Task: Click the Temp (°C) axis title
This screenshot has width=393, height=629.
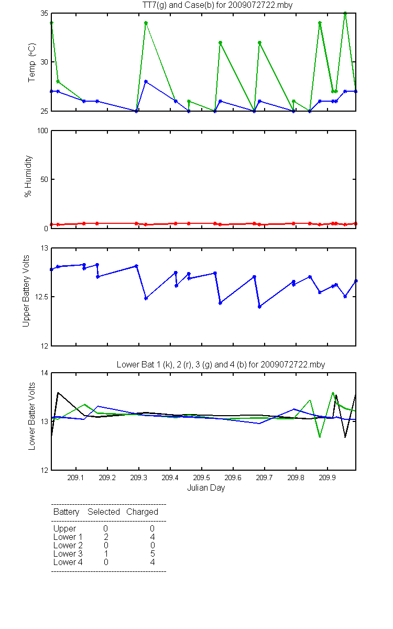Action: coord(32,62)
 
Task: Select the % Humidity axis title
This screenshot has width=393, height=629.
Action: coord(28,176)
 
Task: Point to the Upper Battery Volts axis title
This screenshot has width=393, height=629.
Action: coord(26,291)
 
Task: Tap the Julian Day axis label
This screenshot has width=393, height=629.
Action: coord(206,488)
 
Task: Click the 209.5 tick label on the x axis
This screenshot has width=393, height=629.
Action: coord(202,478)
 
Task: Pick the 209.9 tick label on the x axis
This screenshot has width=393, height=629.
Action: coord(327,478)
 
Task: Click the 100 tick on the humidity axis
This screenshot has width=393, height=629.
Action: coord(42,131)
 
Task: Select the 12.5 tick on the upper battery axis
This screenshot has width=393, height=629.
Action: coord(41,297)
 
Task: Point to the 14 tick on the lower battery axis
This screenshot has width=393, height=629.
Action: coord(45,373)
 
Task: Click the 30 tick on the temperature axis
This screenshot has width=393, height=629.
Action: coord(45,62)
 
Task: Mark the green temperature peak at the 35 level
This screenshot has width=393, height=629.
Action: coord(345,13)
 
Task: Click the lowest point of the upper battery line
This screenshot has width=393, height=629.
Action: coord(260,307)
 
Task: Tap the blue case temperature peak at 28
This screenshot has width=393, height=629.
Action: coord(146,81)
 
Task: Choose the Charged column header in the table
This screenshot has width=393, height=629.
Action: coord(143,512)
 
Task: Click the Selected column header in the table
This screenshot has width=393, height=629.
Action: coord(104,512)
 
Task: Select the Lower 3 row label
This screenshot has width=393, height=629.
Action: coord(68,554)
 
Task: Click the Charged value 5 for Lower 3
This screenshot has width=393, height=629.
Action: coord(152,554)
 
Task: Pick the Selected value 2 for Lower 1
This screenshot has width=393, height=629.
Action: coord(106,537)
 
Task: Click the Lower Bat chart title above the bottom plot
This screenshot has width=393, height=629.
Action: coord(221,364)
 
